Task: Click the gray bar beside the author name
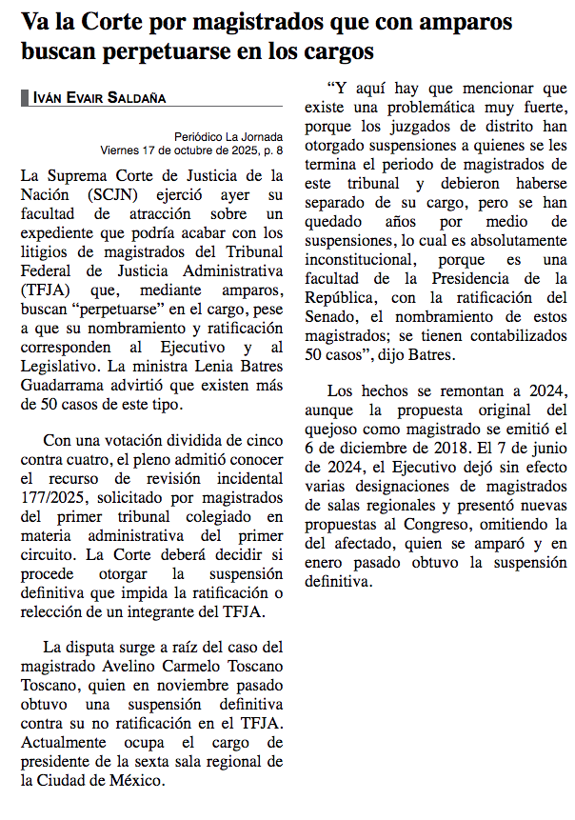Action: pos(24,97)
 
